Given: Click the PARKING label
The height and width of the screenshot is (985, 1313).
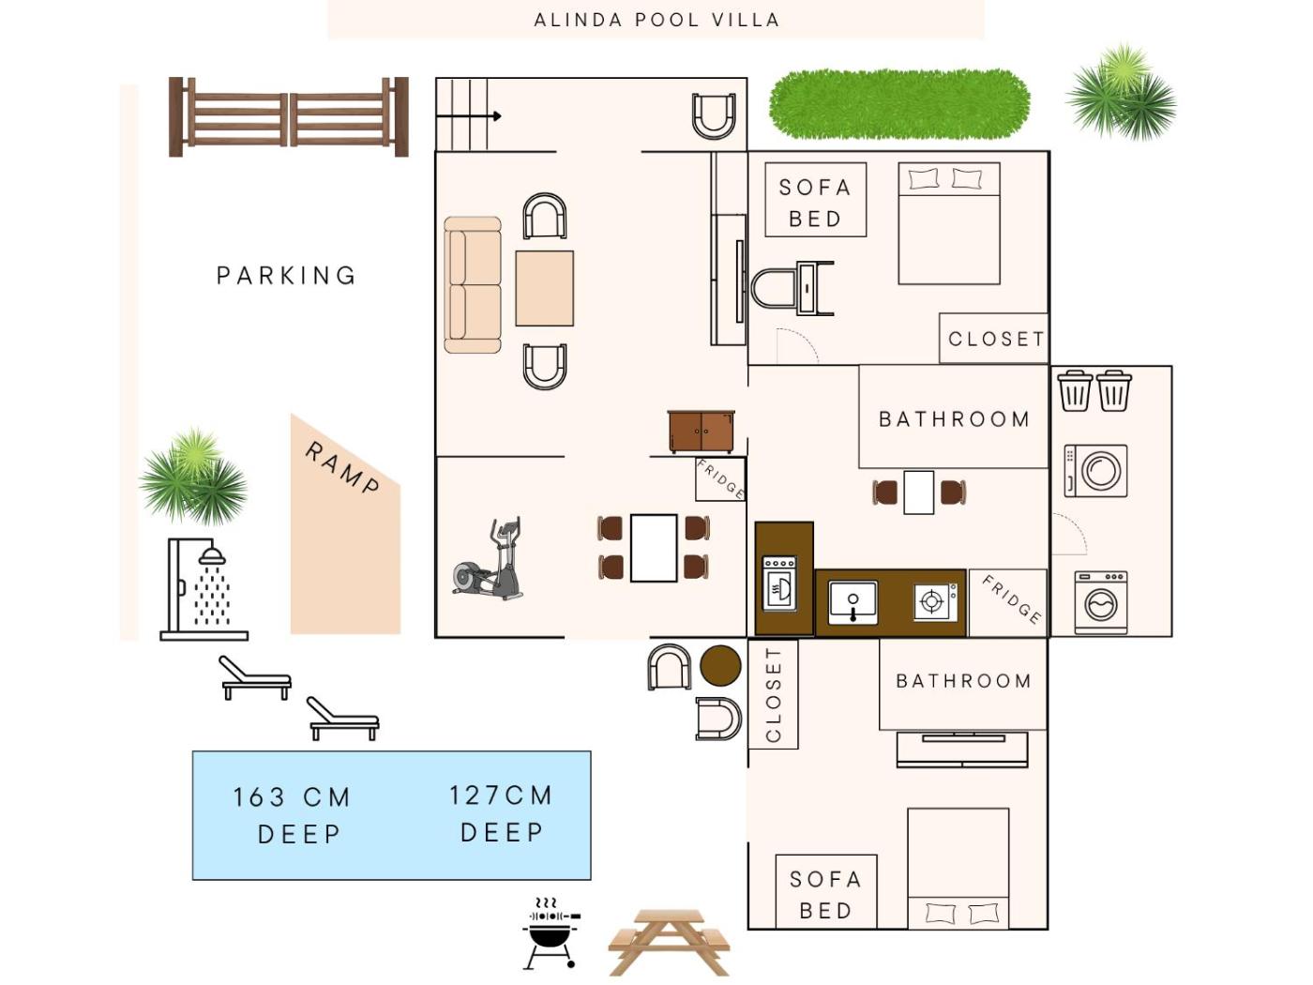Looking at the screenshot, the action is [x=286, y=276].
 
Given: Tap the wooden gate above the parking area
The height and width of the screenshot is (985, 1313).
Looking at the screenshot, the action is [x=288, y=116].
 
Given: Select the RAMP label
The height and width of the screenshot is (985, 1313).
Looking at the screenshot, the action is [x=342, y=468].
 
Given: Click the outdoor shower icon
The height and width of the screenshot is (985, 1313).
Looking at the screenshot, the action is [x=204, y=589].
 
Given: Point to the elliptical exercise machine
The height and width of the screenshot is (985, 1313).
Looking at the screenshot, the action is [x=488, y=558].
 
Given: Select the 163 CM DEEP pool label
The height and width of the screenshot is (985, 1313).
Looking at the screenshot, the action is [x=293, y=815].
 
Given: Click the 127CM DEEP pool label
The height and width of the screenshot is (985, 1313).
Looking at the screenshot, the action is [x=501, y=813].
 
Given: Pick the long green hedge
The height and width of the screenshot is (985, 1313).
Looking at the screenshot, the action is [x=899, y=104].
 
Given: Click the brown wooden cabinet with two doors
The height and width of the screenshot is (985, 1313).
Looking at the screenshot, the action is [x=701, y=432].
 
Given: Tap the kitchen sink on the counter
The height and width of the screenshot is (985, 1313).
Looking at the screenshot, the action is [x=853, y=602].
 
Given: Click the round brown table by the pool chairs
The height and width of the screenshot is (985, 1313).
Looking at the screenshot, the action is [x=720, y=665].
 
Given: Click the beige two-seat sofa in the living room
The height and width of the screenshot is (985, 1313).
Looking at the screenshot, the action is [x=473, y=284].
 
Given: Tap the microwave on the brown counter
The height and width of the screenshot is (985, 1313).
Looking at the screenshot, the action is [x=779, y=583].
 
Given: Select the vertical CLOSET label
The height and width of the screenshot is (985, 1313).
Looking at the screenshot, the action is [x=773, y=694].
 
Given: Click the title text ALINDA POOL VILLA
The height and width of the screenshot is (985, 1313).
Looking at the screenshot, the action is [x=656, y=21].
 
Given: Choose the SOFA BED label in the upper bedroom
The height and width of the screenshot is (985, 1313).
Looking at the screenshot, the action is [x=815, y=203].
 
